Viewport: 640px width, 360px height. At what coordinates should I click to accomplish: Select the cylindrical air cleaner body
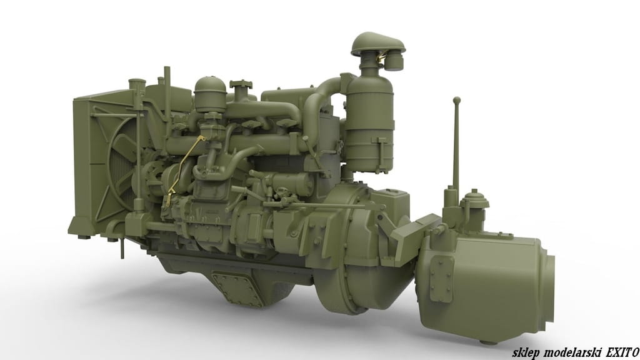pyautogui.click(x=369, y=123)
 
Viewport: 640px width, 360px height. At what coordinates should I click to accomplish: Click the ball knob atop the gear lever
pyautogui.click(x=457, y=100)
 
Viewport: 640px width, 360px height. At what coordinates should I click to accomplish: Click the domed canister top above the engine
pyautogui.click(x=210, y=87)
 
